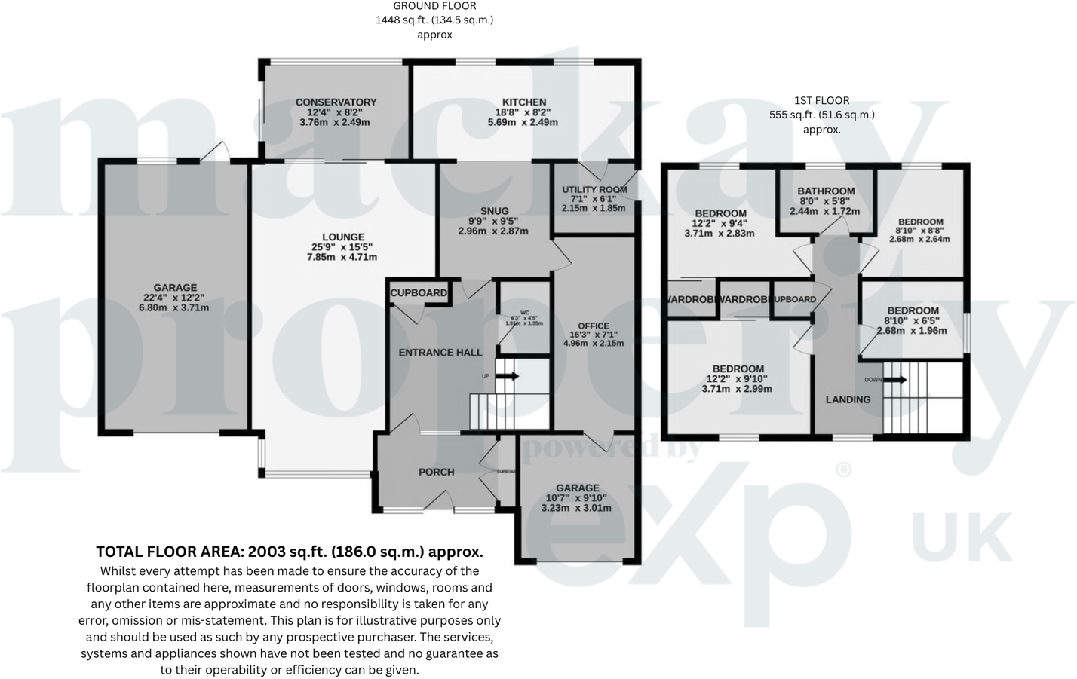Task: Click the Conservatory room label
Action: [x=336, y=102]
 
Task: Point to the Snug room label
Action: [x=494, y=211]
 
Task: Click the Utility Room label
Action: [x=594, y=189]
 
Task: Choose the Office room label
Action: [x=594, y=326]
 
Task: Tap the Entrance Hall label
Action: [x=440, y=353]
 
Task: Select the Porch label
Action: [x=436, y=472]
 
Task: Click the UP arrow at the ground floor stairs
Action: [x=507, y=376]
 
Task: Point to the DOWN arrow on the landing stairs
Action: [x=894, y=380]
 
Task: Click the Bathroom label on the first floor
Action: [x=826, y=191]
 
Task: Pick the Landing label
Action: [x=848, y=399]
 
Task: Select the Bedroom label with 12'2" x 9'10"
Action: [x=738, y=369]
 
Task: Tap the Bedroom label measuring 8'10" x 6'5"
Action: [x=913, y=310]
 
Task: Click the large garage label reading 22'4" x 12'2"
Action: [x=175, y=287]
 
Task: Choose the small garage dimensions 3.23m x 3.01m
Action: [x=576, y=508]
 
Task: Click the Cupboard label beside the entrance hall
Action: [x=419, y=292]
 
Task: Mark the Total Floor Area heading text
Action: [x=290, y=552]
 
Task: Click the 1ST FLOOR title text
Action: [x=821, y=100]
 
